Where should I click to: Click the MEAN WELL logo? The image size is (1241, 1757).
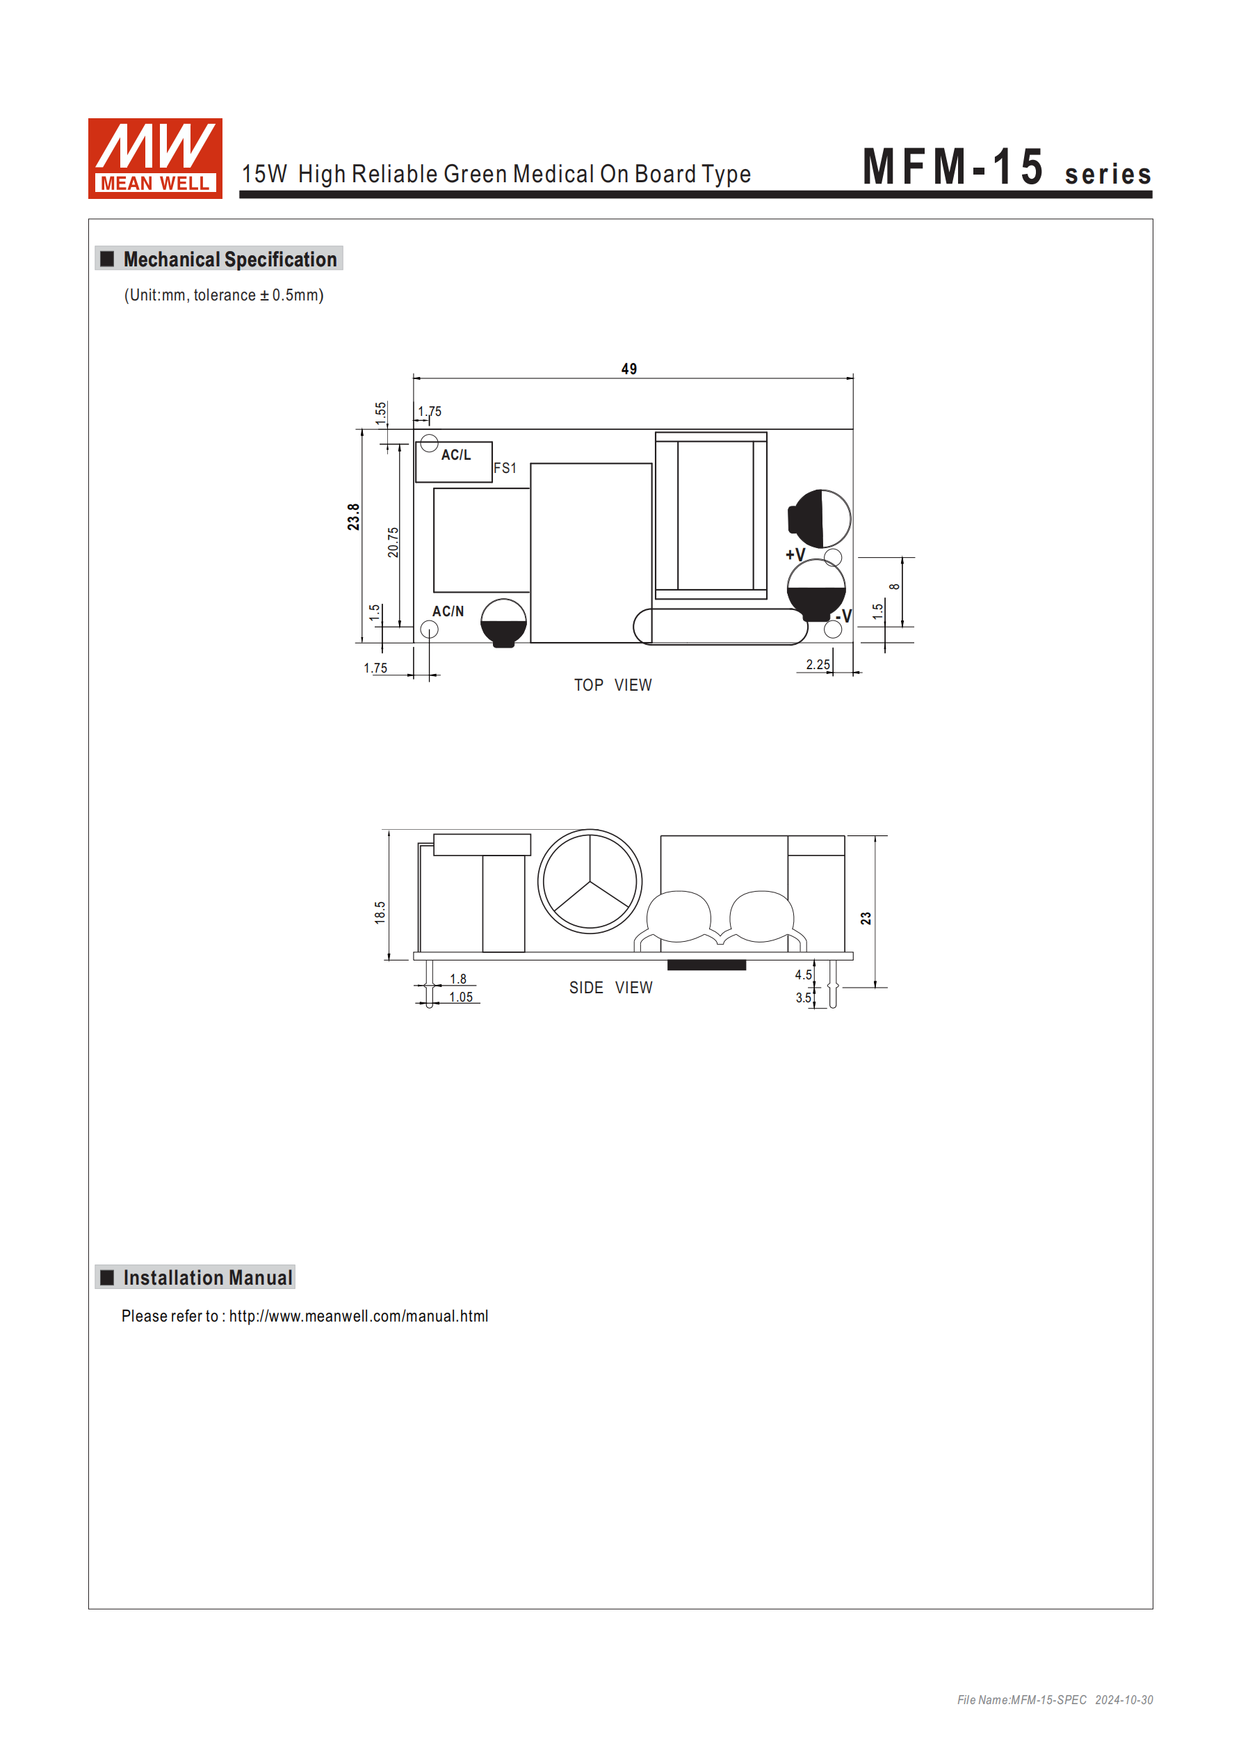tap(155, 159)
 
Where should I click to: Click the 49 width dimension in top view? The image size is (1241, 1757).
tap(629, 369)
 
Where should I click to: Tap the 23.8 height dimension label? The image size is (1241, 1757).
tap(352, 518)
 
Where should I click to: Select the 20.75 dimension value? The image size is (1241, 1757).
tap(394, 542)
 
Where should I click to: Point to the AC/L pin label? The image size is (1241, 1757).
tap(456, 455)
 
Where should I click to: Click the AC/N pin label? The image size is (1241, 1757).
tap(448, 611)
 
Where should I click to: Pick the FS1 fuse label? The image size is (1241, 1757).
tap(505, 467)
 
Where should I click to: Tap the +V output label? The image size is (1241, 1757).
tap(795, 554)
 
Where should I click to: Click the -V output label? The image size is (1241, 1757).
tap(844, 616)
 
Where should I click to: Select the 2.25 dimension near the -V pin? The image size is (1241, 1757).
tap(817, 664)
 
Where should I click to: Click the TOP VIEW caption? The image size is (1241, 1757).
tap(613, 685)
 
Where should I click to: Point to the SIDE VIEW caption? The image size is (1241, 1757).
tap(610, 988)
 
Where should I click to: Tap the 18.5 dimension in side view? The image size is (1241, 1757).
tap(380, 912)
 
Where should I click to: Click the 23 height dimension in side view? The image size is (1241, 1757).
tap(866, 918)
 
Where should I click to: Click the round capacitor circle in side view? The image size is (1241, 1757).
tap(590, 881)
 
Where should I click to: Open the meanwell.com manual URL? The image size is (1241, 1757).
tap(358, 1316)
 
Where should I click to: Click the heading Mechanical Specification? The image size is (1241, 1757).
tap(229, 259)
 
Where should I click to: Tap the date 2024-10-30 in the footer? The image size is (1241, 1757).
tap(1124, 1699)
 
